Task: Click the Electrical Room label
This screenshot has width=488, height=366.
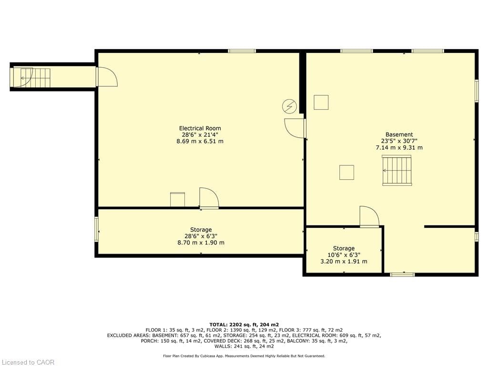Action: [200, 128]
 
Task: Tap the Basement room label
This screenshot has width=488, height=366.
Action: [399, 134]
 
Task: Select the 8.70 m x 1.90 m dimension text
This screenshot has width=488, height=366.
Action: [200, 243]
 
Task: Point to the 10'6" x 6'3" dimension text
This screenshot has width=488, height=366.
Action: [344, 255]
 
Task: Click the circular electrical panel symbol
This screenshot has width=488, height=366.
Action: [289, 106]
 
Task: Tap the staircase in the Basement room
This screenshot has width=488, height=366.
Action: [396, 171]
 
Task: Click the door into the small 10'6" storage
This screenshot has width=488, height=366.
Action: [369, 217]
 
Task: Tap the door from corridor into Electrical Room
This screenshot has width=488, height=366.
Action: [106, 77]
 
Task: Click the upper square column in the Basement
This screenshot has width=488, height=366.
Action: [321, 102]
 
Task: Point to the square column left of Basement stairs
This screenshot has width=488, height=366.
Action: [346, 172]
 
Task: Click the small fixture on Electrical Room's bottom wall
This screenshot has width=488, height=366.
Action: [177, 199]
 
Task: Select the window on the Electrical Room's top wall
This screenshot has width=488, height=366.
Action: [242, 51]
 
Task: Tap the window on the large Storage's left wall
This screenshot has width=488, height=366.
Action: [96, 229]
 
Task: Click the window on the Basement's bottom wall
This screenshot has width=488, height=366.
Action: [402, 274]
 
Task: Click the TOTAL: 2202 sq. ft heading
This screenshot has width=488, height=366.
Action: [244, 324]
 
